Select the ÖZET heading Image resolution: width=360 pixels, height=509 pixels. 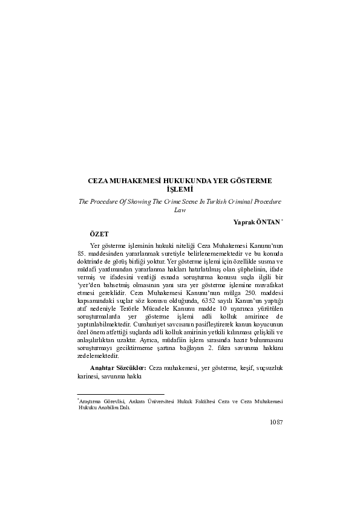point(100,233)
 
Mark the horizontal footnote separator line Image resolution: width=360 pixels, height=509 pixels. point(112,394)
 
